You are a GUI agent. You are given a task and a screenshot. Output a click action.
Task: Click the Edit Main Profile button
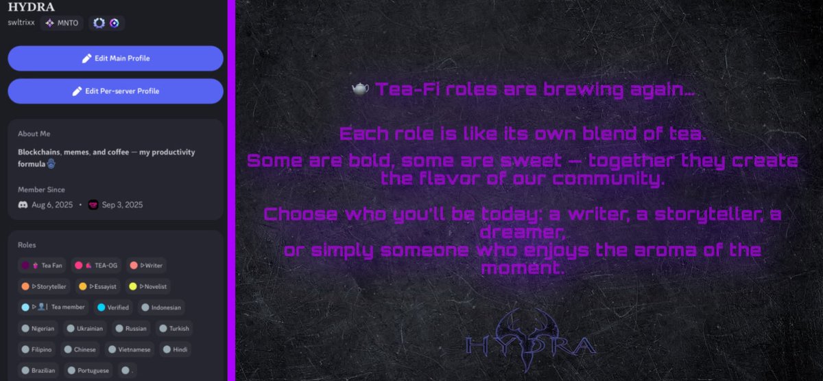pyautogui.click(x=115, y=58)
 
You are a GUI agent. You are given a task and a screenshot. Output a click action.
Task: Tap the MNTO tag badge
pyautogui.click(x=62, y=23)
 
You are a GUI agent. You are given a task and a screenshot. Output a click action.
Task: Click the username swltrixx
pyautogui.click(x=21, y=23)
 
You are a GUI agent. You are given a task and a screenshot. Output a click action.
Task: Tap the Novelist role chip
pyautogui.click(x=150, y=286)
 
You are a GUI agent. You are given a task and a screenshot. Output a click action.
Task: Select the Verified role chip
pyautogui.click(x=113, y=308)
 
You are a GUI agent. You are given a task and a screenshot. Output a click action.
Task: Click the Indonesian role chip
pyautogui.click(x=161, y=308)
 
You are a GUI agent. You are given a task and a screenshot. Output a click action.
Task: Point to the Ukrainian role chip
pyautogui.click(x=86, y=328)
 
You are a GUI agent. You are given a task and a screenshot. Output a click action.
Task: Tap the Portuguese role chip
pyautogui.click(x=88, y=371)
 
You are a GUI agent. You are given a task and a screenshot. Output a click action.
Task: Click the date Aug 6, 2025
pyautogui.click(x=52, y=205)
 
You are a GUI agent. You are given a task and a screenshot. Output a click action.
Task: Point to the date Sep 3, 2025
pyautogui.click(x=122, y=205)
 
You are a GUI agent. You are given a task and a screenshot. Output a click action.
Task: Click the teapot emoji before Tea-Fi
pyautogui.click(x=361, y=89)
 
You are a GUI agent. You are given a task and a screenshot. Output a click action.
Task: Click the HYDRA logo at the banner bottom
pyautogui.click(x=528, y=341)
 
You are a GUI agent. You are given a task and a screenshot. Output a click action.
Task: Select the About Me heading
pyautogui.click(x=34, y=134)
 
